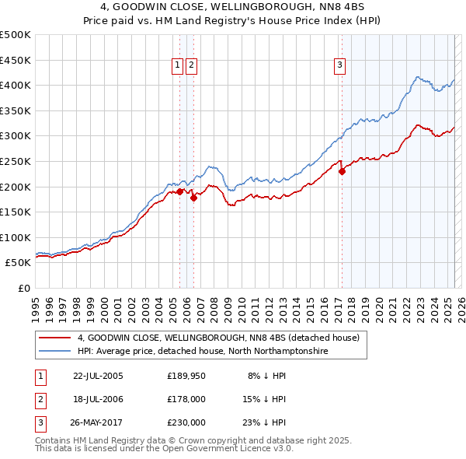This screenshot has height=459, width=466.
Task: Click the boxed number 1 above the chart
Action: (178, 66)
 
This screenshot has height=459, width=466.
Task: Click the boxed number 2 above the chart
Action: (191, 66)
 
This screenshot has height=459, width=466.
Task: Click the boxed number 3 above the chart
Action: (340, 66)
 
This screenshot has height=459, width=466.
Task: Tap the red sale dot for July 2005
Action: (179, 191)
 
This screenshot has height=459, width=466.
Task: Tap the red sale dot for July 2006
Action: (193, 198)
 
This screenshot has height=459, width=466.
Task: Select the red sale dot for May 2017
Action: (342, 171)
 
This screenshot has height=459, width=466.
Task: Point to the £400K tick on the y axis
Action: (16, 85)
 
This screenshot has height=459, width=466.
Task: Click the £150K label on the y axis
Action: (16, 212)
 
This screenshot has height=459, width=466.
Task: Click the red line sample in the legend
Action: (55, 338)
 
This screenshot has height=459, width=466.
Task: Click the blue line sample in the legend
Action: (55, 352)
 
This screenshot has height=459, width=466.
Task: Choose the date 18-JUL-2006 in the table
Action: (98, 399)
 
